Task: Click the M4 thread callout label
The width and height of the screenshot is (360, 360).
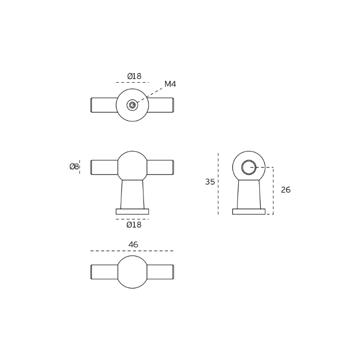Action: (x=170, y=84)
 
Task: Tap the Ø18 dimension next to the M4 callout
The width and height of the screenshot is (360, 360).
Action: (x=134, y=77)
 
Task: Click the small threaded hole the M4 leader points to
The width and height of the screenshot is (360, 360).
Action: (x=132, y=105)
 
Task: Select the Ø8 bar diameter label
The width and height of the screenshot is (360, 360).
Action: (x=74, y=167)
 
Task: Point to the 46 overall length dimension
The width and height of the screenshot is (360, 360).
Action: (x=133, y=245)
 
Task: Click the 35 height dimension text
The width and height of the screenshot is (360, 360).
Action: (x=210, y=182)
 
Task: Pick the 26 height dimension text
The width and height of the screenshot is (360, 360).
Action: (x=285, y=190)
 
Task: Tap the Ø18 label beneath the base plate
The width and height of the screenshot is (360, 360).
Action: (x=134, y=225)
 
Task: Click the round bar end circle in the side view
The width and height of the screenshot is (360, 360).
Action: (x=248, y=167)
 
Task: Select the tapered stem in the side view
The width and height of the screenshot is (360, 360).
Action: (x=249, y=194)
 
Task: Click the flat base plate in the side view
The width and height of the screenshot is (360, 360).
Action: (x=249, y=211)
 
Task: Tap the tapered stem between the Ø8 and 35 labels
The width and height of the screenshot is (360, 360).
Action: (x=132, y=194)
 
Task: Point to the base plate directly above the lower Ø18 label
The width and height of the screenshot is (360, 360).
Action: (x=132, y=211)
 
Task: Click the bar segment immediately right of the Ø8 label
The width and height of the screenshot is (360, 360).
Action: (x=104, y=167)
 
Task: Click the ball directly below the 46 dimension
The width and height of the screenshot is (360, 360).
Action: (x=132, y=272)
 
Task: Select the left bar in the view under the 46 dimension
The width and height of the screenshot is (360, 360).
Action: (x=104, y=272)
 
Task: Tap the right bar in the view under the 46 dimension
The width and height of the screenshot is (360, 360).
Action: (x=160, y=272)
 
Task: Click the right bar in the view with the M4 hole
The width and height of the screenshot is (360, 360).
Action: (x=160, y=105)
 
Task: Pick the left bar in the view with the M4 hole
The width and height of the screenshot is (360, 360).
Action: (x=104, y=105)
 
